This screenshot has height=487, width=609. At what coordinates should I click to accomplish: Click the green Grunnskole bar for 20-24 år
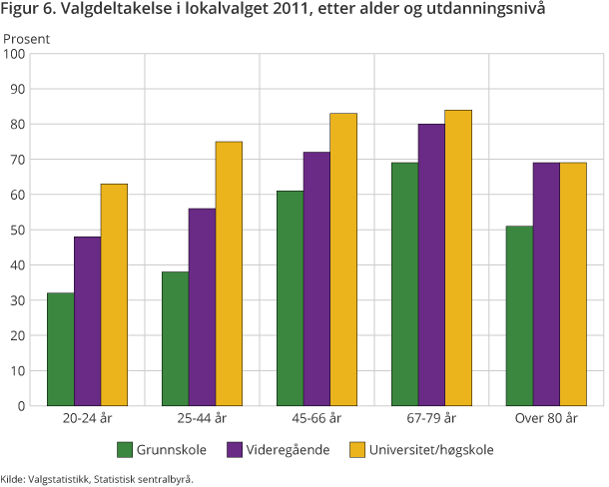click(x=60, y=349)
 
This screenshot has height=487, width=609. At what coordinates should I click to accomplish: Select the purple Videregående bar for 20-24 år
click(x=87, y=321)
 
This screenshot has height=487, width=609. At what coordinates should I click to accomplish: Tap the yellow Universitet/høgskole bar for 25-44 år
click(x=229, y=273)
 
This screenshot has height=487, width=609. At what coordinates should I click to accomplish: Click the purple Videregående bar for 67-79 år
click(x=431, y=264)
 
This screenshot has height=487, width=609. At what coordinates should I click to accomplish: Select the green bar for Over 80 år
click(x=519, y=315)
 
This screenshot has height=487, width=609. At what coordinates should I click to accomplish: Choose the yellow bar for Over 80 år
click(x=573, y=284)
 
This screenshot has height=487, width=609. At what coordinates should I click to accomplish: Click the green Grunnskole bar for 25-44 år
click(x=175, y=338)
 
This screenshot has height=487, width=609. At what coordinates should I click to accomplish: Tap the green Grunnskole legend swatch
click(x=125, y=449)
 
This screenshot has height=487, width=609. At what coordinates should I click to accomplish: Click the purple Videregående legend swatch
click(x=237, y=449)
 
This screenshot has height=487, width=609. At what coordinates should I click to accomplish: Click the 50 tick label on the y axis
click(x=17, y=231)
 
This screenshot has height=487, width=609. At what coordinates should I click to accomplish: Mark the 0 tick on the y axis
click(x=21, y=406)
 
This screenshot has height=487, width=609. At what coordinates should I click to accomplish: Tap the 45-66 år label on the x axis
click(x=317, y=418)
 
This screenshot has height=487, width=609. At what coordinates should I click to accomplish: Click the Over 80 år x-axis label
click(x=546, y=418)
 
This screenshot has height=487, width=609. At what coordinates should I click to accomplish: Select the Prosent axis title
click(x=26, y=39)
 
